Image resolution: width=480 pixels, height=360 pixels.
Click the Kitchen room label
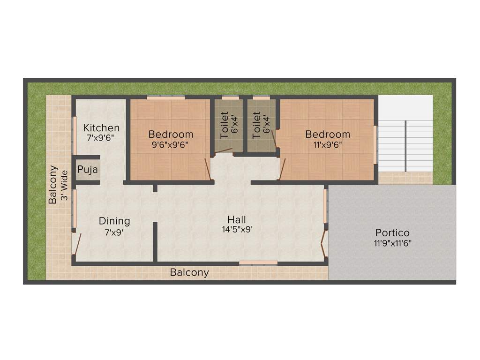pyautogui.click(x=101, y=127)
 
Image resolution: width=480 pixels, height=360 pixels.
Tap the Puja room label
pyautogui.click(x=88, y=170)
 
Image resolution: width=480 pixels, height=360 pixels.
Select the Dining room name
pyautogui.click(x=114, y=221)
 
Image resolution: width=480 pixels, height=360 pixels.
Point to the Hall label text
pyautogui.click(x=236, y=219)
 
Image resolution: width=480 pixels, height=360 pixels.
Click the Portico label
pyautogui.click(x=392, y=232)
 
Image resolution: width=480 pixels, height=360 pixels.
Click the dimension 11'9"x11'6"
pyautogui.click(x=392, y=243)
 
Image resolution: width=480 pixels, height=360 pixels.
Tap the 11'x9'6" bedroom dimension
pyautogui.click(x=328, y=145)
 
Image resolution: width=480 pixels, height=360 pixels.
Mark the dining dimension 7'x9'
pyautogui.click(x=114, y=231)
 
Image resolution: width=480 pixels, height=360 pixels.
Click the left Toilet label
pyautogui.click(x=224, y=125)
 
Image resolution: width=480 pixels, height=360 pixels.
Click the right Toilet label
pyautogui.click(x=256, y=125)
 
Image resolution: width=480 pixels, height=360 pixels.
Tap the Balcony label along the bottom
pyautogui.click(x=189, y=272)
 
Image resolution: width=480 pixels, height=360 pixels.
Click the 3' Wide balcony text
pyautogui.click(x=65, y=185)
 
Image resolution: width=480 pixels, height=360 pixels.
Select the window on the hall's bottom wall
pyautogui.click(x=258, y=263)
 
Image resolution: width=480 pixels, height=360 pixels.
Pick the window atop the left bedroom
pyautogui.click(x=165, y=97)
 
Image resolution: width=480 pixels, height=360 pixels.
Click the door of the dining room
pyautogui.click(x=76, y=244)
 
